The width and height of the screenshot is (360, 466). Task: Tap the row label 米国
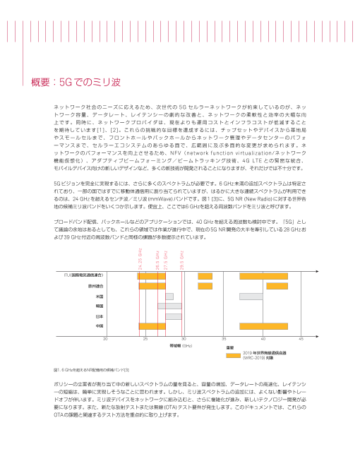[100, 297]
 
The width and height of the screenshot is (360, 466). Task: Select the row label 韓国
[100, 306]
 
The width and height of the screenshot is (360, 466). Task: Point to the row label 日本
[100, 316]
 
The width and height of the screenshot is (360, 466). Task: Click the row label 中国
[100, 326]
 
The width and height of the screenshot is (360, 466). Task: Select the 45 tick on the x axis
[301, 340]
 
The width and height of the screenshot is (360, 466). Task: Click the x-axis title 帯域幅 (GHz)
[180, 347]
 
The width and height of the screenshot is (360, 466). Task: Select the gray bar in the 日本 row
[174, 316]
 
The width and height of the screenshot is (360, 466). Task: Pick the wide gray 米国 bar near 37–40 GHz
[251, 297]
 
